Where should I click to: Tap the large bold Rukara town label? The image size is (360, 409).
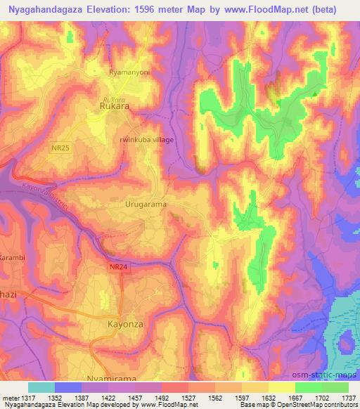(112, 108)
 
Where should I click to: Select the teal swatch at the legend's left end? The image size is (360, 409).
(41, 387)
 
